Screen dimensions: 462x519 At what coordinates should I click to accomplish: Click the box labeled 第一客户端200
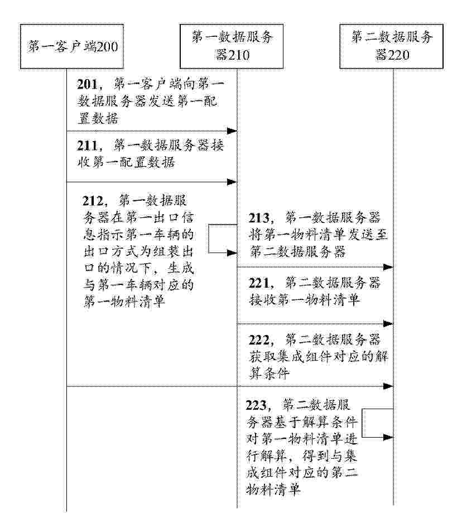[x=72, y=46]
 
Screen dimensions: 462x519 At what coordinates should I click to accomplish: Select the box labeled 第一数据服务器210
[x=232, y=46]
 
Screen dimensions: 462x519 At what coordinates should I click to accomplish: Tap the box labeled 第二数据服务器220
[x=392, y=46]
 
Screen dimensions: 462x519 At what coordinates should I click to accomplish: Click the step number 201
[x=88, y=84]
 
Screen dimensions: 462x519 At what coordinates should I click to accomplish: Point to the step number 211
[x=88, y=145]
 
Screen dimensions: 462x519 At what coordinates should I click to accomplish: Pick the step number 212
[x=93, y=201]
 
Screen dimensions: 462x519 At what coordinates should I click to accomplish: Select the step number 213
[x=259, y=218]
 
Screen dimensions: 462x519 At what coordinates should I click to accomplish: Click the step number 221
[x=259, y=283]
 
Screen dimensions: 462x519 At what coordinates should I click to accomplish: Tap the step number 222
[x=259, y=340]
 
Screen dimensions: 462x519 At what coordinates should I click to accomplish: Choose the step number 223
[x=256, y=405]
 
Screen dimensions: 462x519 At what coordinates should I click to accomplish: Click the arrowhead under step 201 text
[x=232, y=131]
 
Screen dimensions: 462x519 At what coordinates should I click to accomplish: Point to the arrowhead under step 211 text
[x=232, y=182]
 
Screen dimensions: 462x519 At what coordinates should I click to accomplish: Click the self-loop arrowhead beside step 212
[x=232, y=253]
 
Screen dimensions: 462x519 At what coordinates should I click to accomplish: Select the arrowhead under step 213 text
[x=388, y=267]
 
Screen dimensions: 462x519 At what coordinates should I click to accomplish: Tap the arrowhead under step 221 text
[x=388, y=324]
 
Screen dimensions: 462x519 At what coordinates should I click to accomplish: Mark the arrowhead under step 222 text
[x=388, y=386]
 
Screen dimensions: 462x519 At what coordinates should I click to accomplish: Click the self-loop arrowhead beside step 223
[x=388, y=437]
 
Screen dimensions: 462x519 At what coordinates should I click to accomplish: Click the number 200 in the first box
[x=107, y=47]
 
